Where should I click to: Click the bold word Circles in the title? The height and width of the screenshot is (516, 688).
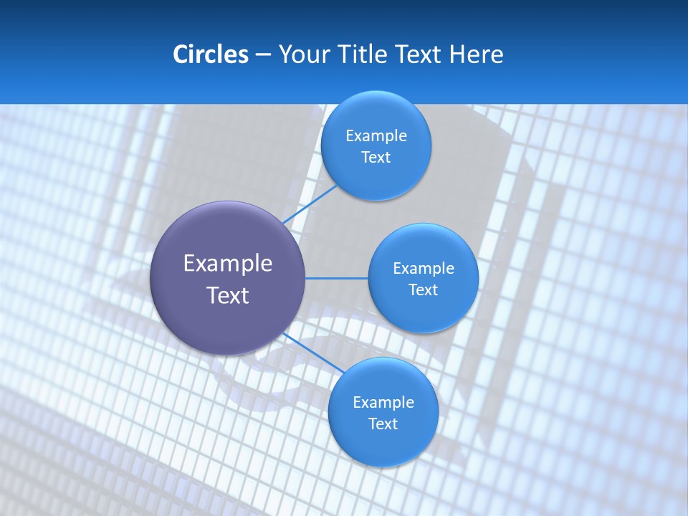tap(210, 54)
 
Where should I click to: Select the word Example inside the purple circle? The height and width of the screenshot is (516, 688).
tap(228, 264)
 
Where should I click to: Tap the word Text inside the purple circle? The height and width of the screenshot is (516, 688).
tap(228, 295)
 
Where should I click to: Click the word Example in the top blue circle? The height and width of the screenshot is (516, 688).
tap(376, 136)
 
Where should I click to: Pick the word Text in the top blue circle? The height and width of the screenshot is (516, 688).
tap(376, 157)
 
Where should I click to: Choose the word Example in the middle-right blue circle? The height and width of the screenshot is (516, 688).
tap(424, 269)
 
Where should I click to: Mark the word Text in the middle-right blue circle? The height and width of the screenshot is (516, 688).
tap(424, 290)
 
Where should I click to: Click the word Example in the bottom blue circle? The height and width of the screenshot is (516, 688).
tap(383, 403)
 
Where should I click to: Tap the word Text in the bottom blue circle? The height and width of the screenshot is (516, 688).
tap(383, 424)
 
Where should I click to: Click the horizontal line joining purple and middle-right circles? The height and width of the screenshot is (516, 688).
tap(336, 278)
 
